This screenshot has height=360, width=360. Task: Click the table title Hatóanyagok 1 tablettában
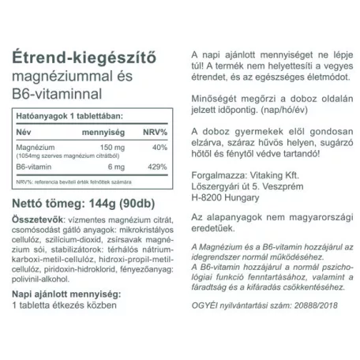[77, 117]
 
